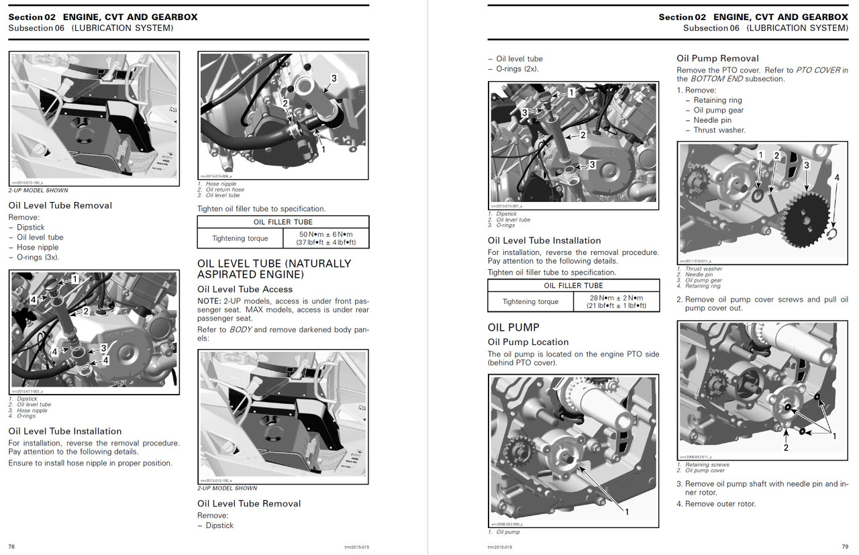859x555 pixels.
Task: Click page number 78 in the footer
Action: pyautogui.click(x=11, y=547)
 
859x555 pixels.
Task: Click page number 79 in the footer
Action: pyautogui.click(x=844, y=547)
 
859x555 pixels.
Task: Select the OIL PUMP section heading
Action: pyautogui.click(x=513, y=327)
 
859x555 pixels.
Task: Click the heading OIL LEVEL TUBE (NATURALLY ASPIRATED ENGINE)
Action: pyautogui.click(x=274, y=269)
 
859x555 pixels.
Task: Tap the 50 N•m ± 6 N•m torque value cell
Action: pyautogui.click(x=327, y=238)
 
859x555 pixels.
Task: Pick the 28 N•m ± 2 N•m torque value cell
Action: pyautogui.click(x=616, y=302)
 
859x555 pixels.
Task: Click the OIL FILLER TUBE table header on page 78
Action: pyautogui.click(x=283, y=222)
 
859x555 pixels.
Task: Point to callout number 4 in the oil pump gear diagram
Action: pyautogui.click(x=836, y=178)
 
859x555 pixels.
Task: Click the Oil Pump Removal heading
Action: pyautogui.click(x=717, y=58)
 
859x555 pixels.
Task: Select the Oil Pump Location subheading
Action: pyautogui.click(x=528, y=342)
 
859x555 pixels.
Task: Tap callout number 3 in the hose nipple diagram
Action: pyautogui.click(x=334, y=79)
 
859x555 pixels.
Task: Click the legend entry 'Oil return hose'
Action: pyautogui.click(x=225, y=190)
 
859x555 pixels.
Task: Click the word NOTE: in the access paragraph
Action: pyautogui.click(x=209, y=301)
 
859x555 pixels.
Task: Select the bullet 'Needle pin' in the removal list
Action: pyautogui.click(x=712, y=120)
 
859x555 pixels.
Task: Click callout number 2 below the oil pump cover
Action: pyautogui.click(x=786, y=447)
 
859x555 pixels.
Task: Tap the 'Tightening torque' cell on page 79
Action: pyautogui.click(x=530, y=302)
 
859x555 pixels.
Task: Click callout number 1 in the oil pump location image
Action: pyautogui.click(x=627, y=512)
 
